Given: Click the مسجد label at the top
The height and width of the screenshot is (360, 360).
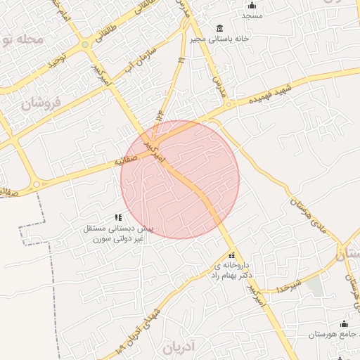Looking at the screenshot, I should (252, 15).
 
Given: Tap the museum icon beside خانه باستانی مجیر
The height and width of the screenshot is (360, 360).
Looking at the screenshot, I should (220, 28).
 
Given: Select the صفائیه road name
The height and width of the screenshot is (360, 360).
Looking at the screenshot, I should (129, 161).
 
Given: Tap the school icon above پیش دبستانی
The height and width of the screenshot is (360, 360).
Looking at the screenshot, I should (118, 217).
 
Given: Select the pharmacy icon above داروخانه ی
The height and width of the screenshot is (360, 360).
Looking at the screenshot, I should (232, 255).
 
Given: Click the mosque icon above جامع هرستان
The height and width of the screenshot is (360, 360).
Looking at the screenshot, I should (344, 323).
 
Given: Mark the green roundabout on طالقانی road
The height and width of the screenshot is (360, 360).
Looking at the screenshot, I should (85, 44).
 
